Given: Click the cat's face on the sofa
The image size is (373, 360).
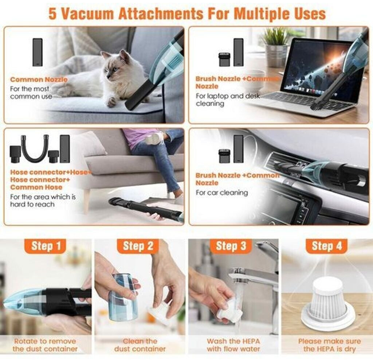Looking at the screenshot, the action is click(112, 67).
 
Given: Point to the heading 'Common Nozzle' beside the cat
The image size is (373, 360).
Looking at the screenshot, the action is click(39, 80).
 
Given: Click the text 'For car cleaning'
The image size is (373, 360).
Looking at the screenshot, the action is click(222, 193).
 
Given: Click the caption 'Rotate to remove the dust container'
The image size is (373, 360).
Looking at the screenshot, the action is click(45, 345).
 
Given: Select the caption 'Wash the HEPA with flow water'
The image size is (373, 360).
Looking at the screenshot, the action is click(233, 345).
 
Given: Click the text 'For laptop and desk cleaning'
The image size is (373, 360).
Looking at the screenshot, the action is click(228, 100).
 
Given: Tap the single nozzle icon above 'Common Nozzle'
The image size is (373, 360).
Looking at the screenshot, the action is click(38, 52).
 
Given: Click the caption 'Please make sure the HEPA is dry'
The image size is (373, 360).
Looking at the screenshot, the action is click(329, 345).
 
